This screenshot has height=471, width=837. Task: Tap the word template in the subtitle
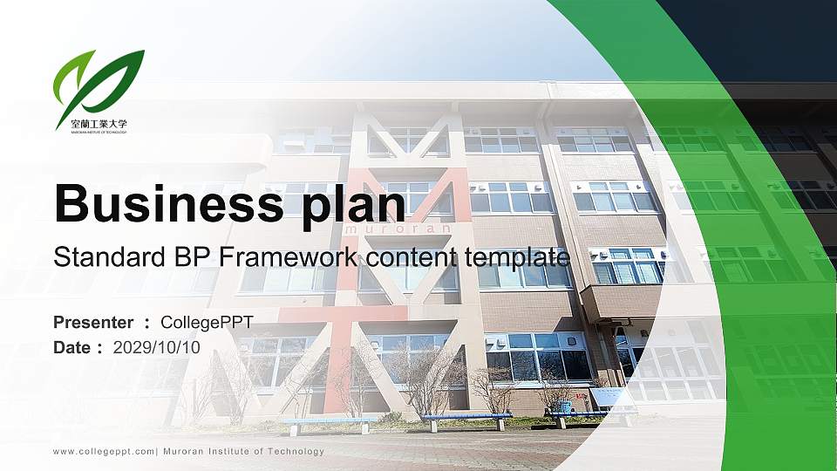517,257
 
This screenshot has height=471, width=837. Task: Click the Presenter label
93,323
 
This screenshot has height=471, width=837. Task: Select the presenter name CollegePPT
207,323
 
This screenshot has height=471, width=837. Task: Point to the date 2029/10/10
156,347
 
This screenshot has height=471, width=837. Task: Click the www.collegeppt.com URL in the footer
104,452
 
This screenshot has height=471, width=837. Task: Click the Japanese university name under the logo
99,123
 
